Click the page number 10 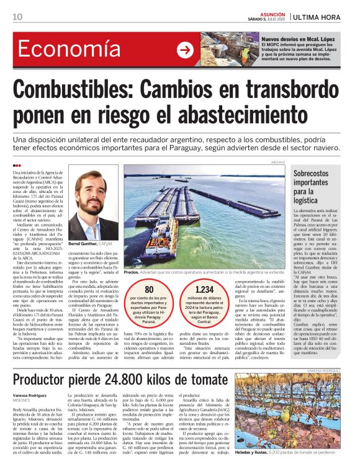[17, 17]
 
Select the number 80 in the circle [149, 289]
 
